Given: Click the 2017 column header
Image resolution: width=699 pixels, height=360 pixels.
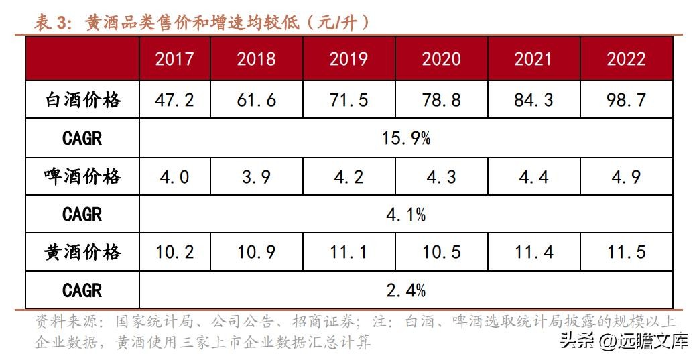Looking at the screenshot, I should [x=174, y=58].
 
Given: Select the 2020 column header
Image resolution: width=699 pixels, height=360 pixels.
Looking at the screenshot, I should [x=441, y=58].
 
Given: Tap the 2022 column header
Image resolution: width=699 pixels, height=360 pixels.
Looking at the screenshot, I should [x=626, y=58].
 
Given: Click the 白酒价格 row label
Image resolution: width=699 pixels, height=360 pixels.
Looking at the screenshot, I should [x=82, y=100].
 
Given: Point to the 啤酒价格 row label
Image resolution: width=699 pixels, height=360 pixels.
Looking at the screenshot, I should [x=82, y=176].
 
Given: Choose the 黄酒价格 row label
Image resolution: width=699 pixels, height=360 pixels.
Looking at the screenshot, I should [x=82, y=252].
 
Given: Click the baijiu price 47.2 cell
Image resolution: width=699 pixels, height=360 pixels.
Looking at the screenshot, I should [x=174, y=100].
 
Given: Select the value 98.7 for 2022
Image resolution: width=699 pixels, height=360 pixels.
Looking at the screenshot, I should [x=626, y=100].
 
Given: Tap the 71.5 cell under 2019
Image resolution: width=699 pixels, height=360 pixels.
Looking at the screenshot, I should [x=348, y=100].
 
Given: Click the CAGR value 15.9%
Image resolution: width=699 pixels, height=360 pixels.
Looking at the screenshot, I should [x=406, y=138].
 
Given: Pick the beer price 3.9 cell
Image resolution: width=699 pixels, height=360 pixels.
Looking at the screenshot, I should [x=256, y=176].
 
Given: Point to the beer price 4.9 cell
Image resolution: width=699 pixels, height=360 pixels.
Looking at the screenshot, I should [x=626, y=176].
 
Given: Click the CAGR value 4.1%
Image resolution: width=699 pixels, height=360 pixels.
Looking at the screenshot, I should [x=406, y=215].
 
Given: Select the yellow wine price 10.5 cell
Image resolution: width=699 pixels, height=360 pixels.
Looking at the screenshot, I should [x=441, y=252].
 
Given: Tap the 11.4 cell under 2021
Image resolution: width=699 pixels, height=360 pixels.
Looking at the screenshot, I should [x=533, y=252].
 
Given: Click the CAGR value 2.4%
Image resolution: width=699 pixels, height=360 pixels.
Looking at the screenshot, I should [x=406, y=290].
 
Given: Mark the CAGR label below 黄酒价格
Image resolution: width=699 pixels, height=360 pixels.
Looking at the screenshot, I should [x=82, y=290].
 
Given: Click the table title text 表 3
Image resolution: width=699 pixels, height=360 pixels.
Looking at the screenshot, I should [x=52, y=23].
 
